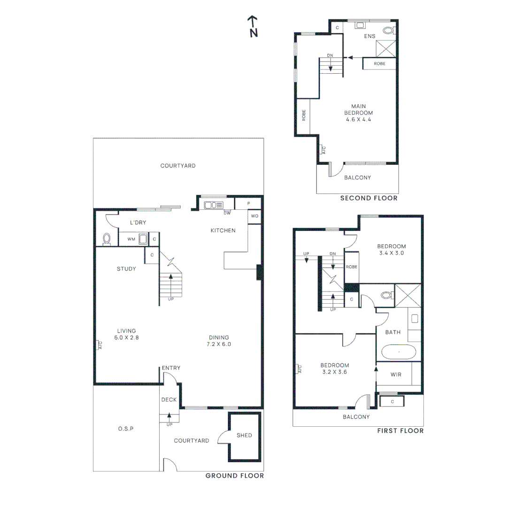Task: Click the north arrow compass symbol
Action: tap(253, 26)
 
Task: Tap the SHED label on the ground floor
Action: tap(244, 435)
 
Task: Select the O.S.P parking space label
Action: tap(125, 429)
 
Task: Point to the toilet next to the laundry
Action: tap(107, 238)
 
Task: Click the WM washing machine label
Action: tap(131, 239)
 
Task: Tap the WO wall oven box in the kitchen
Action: tap(254, 216)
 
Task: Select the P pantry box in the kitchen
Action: tap(248, 204)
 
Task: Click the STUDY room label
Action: tap(126, 269)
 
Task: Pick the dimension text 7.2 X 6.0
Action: tap(219, 344)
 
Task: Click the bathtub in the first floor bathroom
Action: tap(399, 351)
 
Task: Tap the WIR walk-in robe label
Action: tap(396, 375)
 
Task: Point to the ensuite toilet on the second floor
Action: tap(388, 31)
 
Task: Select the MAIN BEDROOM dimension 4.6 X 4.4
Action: tap(358, 119)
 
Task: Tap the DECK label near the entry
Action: tap(169, 400)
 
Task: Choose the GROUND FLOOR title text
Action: tap(234, 476)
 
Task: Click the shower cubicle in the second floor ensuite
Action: tap(386, 47)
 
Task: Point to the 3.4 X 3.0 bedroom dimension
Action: tap(391, 253)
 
